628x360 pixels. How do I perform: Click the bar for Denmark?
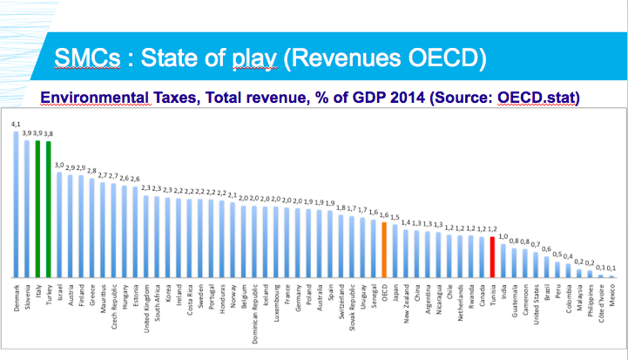[x=16, y=205]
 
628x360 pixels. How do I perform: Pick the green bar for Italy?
[x=37, y=208]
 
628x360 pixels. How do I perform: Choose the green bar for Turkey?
[x=49, y=209]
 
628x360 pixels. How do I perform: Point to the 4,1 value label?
[x=16, y=125]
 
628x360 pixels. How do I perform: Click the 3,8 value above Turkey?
[x=49, y=132]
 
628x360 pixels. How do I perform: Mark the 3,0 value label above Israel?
[x=59, y=164]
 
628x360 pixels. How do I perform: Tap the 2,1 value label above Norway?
[x=232, y=194]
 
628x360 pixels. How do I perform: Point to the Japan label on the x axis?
[x=395, y=291]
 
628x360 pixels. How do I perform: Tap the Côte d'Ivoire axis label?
[x=601, y=302]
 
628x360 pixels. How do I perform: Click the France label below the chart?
[x=287, y=292]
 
